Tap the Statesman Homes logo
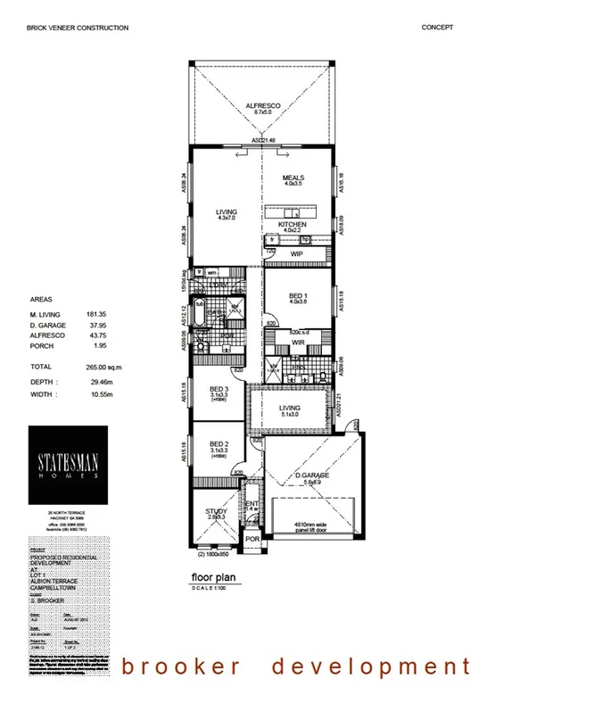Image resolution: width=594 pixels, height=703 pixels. (x=68, y=463)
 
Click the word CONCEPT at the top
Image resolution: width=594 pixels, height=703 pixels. (x=437, y=28)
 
